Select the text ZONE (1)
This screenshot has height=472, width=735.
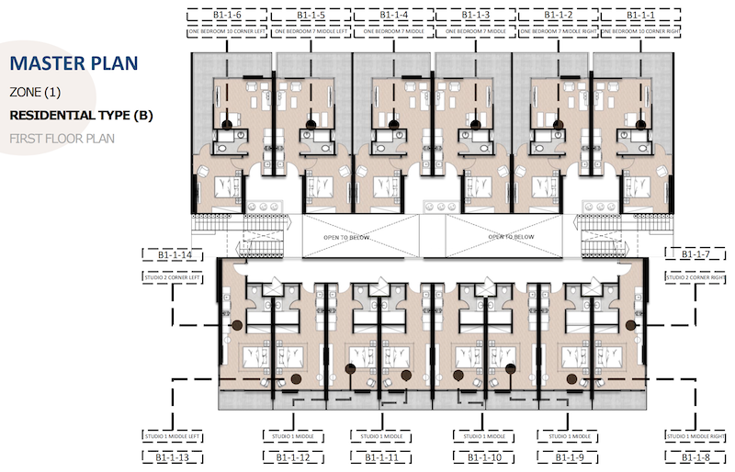(36, 93)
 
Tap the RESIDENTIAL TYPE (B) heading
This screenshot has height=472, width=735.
(81, 116)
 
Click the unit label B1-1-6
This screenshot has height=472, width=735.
(226, 15)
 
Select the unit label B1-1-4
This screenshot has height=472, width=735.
(393, 15)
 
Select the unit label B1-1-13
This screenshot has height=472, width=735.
(172, 456)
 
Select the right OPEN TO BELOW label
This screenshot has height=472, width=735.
(511, 236)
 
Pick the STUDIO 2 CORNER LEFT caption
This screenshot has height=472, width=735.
(172, 275)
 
